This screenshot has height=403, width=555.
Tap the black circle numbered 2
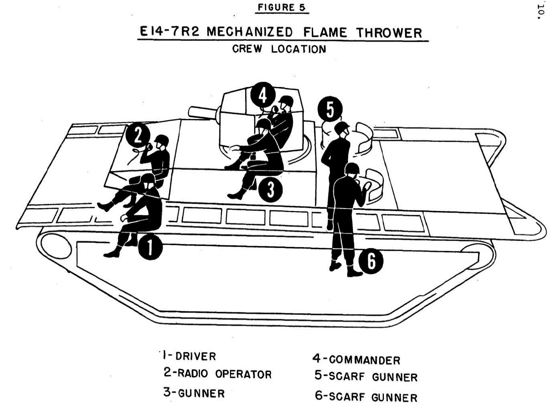point(137,136)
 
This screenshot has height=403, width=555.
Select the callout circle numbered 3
point(270,190)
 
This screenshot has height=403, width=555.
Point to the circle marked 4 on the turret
point(262,95)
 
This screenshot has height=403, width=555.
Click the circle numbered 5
point(329,109)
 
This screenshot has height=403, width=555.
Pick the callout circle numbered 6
point(371,261)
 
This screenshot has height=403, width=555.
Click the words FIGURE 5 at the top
point(283,7)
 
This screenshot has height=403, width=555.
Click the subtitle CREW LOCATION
point(279,49)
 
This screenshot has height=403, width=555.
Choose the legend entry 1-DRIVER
point(190,356)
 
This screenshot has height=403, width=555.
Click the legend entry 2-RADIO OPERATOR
point(218,374)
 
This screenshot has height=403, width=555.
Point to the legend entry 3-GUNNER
point(194,393)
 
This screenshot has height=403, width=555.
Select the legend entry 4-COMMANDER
point(356,359)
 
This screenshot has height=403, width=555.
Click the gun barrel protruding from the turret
point(202,112)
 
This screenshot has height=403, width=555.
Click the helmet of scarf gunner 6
point(352,168)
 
